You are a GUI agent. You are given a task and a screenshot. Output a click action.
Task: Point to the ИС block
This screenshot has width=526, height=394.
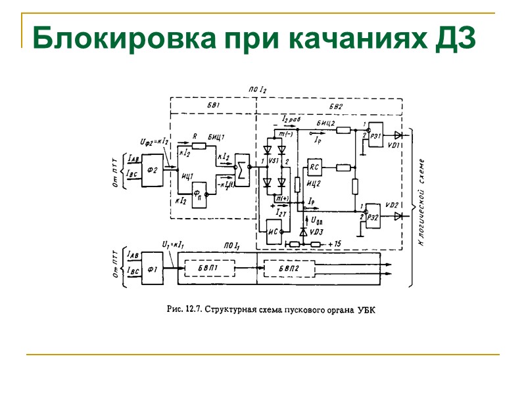tap(274, 227)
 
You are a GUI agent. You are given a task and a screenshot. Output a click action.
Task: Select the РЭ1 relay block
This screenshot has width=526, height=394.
tap(377, 135)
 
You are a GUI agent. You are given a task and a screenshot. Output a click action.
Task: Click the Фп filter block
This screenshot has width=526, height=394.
tap(201, 194)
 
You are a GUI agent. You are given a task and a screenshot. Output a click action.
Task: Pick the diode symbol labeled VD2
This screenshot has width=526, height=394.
tap(398, 217)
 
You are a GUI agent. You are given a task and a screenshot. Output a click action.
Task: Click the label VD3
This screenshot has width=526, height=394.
tap(317, 232)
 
